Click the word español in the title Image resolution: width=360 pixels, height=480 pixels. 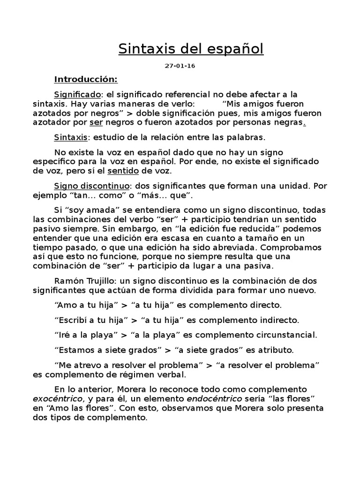[233, 49]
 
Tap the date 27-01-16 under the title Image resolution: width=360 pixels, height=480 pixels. [180, 66]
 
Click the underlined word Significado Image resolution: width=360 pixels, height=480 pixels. [77, 94]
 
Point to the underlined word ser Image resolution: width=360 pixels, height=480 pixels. [96, 122]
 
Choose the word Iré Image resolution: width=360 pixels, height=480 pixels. [64, 335]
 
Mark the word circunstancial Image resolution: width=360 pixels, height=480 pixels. [286, 335]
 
